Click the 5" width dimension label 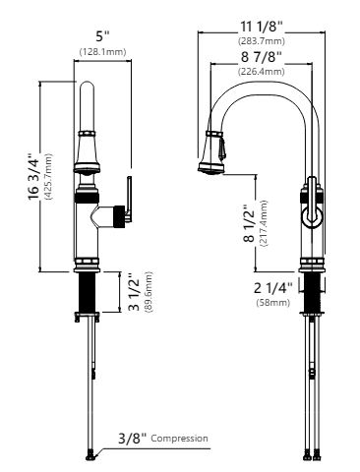(103, 36)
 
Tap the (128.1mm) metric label (102, 52)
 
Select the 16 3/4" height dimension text (33, 177)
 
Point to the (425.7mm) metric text (48, 177)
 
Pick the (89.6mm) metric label (149, 292)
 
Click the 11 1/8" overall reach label (262, 27)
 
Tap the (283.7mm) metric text (262, 41)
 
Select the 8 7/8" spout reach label (262, 57)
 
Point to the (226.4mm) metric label (262, 71)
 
